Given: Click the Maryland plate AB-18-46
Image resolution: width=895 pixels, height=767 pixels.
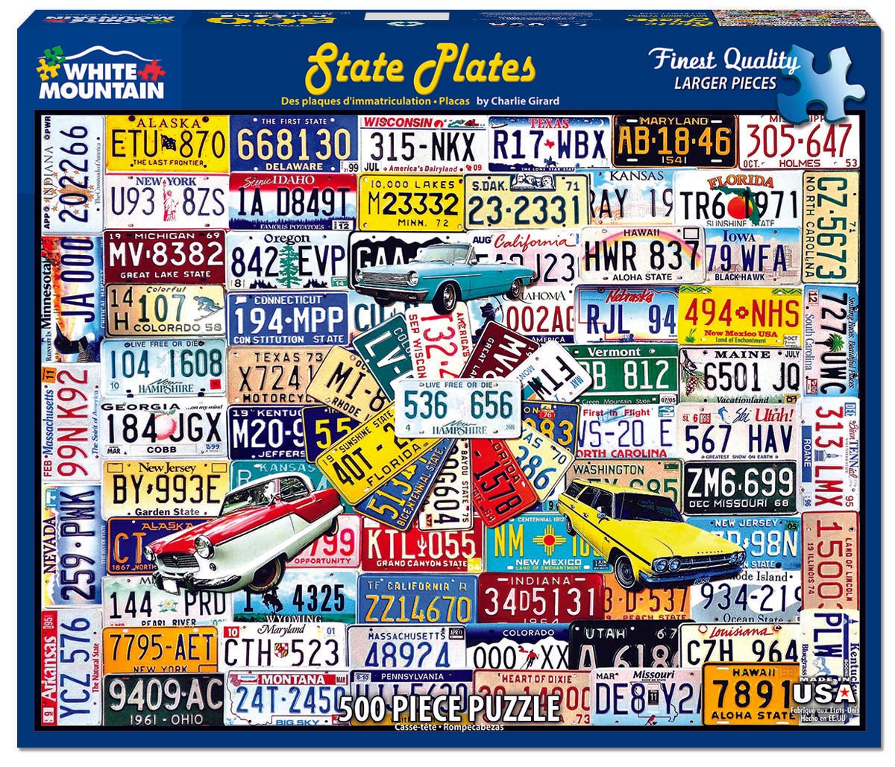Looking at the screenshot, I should [x=673, y=140].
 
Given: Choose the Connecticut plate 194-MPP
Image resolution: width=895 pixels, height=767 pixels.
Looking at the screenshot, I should [x=287, y=318].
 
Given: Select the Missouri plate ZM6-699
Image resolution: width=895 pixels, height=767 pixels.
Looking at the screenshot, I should [x=740, y=485].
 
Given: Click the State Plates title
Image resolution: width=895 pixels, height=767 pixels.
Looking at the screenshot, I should [x=421, y=67].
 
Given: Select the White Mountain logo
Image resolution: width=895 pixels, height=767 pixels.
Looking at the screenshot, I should [x=101, y=75].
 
